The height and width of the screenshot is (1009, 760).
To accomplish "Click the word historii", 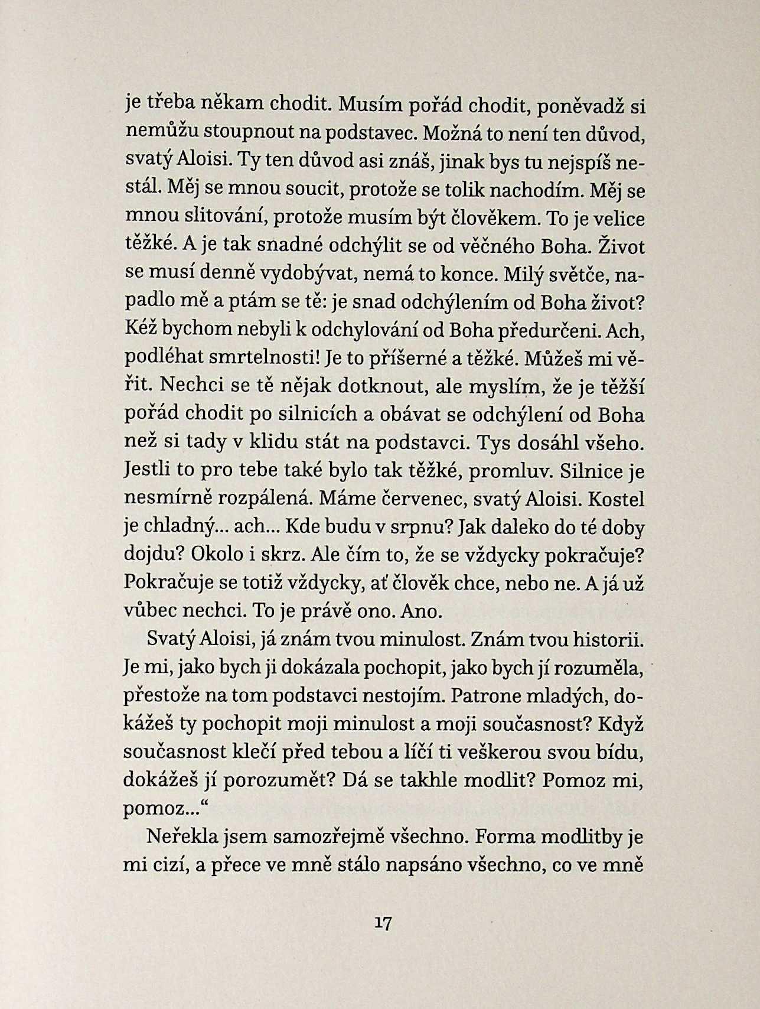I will tap(608, 640).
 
